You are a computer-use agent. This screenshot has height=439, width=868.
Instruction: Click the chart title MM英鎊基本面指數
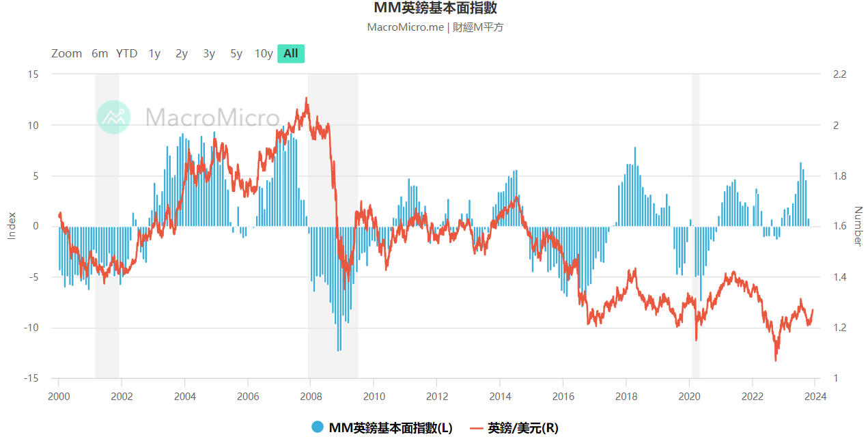(434, 8)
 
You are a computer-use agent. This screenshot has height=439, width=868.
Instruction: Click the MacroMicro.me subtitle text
(434, 27)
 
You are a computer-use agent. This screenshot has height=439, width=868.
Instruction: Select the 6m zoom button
(100, 54)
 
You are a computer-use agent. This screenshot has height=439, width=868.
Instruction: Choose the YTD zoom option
(126, 54)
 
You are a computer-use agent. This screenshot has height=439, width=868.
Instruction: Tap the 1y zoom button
(154, 54)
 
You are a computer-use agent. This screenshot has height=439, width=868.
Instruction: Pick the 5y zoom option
(236, 54)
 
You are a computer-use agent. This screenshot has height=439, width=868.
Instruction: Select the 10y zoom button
(264, 54)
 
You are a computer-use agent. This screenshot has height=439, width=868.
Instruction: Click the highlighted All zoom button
(291, 54)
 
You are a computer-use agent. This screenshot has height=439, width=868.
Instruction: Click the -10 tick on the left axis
(31, 328)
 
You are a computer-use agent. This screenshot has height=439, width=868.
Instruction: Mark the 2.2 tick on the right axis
(839, 74)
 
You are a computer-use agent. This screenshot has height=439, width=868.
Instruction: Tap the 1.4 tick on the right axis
(839, 277)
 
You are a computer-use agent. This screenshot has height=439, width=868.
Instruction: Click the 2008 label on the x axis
(311, 397)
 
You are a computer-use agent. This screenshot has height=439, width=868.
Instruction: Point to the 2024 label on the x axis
(815, 397)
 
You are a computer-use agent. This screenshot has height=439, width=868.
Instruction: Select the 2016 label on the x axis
(563, 397)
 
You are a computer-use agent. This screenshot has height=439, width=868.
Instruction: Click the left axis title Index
(11, 226)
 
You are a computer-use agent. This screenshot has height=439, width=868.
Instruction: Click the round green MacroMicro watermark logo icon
(113, 117)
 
